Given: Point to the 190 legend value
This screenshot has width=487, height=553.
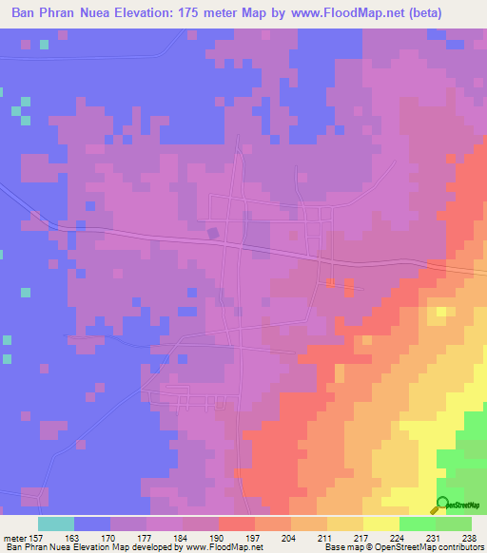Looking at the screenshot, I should (218, 537).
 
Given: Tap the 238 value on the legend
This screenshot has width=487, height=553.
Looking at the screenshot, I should (469, 537).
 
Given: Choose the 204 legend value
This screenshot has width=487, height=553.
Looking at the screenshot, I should (289, 537).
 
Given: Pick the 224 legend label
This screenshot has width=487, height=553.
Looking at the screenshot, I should (398, 537).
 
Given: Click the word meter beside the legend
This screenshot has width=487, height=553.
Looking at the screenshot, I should (13, 537).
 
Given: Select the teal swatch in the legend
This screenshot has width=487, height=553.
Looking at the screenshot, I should (56, 524).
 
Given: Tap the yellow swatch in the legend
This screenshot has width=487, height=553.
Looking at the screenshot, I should (380, 524).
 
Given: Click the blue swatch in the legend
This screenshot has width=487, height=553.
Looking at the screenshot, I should (92, 524).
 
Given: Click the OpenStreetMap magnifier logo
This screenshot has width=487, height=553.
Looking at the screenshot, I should (443, 504).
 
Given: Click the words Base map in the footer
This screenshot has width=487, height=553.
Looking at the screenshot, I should (341, 547).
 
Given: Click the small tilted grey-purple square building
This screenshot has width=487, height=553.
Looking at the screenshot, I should (213, 231).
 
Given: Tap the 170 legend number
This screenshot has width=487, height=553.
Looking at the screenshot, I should (110, 537).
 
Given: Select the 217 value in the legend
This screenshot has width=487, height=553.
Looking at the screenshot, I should (361, 537).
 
